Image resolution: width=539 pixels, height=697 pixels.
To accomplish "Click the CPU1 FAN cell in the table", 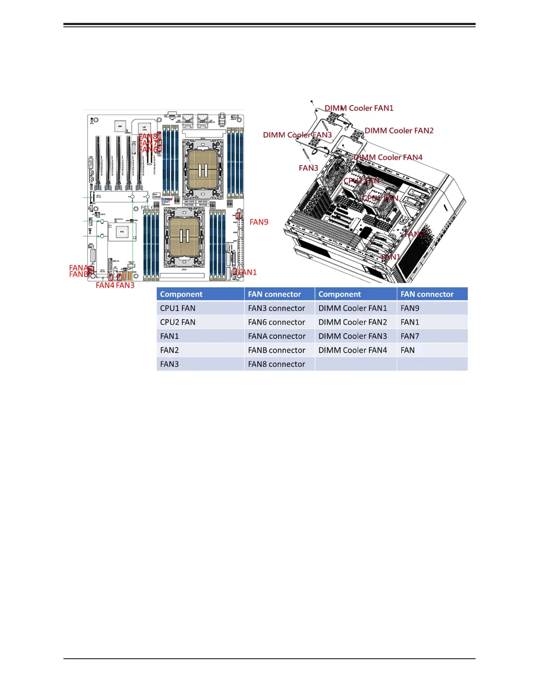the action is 178,308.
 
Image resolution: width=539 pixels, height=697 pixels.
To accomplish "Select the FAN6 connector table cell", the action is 277,323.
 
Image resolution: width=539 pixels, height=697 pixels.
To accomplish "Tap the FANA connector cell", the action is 277,336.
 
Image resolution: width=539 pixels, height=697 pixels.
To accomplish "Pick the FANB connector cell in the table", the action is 277,350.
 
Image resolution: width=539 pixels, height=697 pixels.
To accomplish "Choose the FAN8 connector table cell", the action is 277,364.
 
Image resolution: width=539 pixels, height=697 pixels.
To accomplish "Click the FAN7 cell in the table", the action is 410,336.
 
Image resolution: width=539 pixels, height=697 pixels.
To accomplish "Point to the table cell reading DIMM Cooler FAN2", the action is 353,323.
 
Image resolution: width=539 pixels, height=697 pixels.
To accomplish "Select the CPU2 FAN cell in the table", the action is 178,323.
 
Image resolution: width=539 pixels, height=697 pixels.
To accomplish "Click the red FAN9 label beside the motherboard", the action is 259,222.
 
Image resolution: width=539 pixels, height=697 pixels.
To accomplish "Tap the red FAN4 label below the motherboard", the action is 105,286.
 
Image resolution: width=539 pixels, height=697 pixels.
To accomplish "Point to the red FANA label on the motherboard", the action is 78,268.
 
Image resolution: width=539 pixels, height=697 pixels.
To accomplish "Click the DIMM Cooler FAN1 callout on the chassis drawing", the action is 359,108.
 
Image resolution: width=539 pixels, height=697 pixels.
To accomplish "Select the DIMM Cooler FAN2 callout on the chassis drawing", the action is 399,131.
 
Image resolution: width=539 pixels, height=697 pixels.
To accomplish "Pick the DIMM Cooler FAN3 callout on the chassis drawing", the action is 297,135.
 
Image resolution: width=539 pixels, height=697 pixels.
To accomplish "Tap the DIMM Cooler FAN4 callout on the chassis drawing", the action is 388,158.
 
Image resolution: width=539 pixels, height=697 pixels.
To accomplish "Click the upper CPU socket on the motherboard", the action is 203,169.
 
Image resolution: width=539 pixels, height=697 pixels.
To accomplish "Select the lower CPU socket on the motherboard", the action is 184,237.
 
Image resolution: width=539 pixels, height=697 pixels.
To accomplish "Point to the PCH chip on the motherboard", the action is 122,231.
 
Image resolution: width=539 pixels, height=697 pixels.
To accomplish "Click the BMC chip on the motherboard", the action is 120,127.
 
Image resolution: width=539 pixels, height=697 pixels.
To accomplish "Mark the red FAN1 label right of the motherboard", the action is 247,272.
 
